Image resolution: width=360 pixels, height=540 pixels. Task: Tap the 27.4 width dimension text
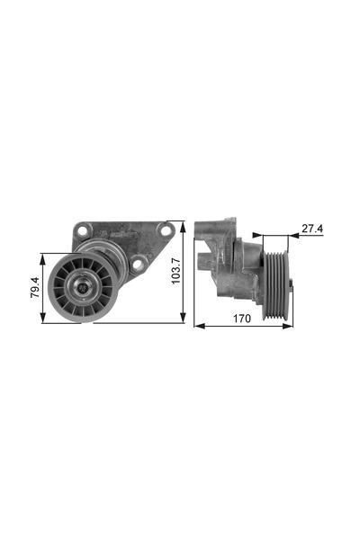(311, 229)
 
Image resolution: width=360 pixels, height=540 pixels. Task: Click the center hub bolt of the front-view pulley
(82, 288)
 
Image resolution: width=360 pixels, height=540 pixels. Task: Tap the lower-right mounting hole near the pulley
(137, 264)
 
